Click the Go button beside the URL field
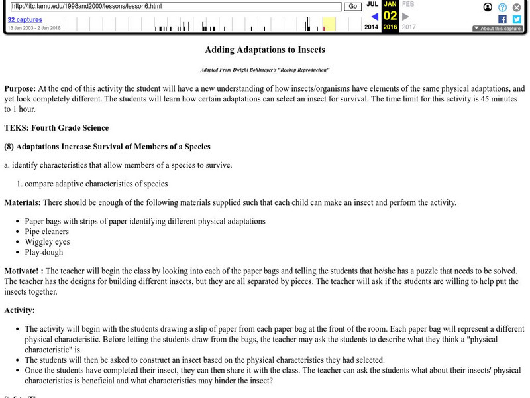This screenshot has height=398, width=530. (352, 6)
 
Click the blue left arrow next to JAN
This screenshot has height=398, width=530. (374, 16)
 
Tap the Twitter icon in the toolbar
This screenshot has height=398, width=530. (517, 19)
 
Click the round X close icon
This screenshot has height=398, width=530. (517, 7)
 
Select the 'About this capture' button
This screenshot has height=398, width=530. (498, 29)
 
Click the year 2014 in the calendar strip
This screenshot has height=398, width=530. (372, 27)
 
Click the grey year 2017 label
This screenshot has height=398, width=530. (409, 27)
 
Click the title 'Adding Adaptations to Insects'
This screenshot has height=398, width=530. (265, 50)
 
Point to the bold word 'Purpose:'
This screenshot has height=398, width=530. (20, 88)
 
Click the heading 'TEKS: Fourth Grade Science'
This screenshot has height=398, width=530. (56, 128)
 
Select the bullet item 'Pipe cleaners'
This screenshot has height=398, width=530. (46, 232)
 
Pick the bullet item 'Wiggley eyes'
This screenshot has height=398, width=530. (47, 242)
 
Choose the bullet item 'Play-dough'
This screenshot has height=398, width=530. (44, 253)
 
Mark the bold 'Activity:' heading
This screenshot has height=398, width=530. (20, 310)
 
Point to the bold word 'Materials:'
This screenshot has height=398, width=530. (22, 202)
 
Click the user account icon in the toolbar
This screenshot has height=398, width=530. (488, 7)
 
